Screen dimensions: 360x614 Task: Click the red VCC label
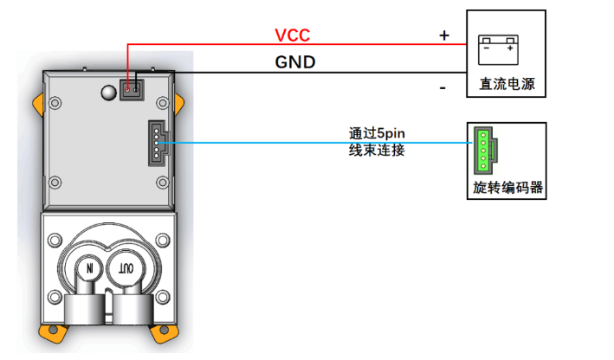(x=292, y=35)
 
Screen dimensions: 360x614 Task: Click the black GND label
(x=294, y=62)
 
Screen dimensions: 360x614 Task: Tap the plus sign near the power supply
(x=444, y=35)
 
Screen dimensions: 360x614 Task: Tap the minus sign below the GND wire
(x=443, y=87)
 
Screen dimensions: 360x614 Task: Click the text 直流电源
(x=505, y=84)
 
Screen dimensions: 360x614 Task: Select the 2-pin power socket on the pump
(x=132, y=90)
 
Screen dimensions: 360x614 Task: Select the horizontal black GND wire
(x=286, y=73)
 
